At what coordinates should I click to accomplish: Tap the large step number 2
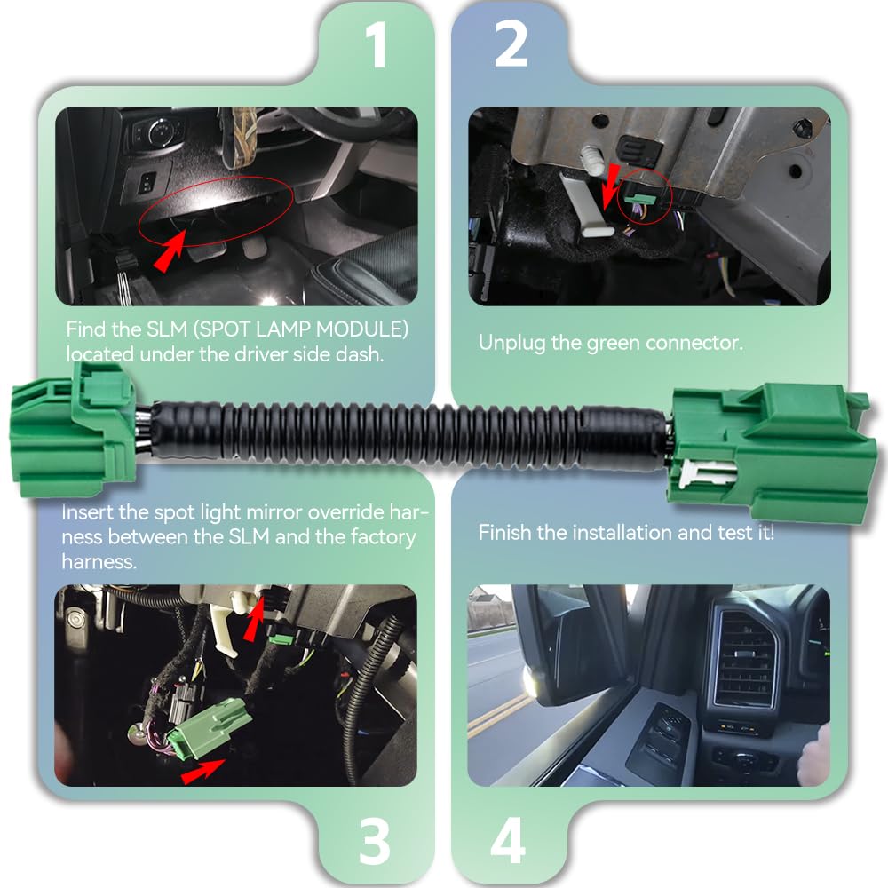(511, 44)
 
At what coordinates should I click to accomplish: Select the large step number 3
(376, 842)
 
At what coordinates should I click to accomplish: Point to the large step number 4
(508, 842)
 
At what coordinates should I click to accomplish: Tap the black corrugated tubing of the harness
(400, 435)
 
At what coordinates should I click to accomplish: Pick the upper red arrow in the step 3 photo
(254, 620)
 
